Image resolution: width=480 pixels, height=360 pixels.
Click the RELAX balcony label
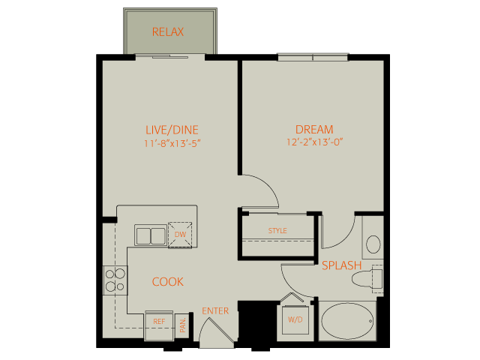(168, 31)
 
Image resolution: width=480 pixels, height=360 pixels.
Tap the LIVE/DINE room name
(172, 130)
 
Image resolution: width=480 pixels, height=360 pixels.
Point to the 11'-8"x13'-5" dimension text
(172, 143)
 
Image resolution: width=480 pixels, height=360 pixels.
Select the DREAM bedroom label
(314, 130)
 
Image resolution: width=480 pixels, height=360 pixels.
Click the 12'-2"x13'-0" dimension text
(314, 142)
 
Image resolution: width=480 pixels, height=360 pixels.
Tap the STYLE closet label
(277, 230)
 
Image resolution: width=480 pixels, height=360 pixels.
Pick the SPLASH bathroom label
(342, 265)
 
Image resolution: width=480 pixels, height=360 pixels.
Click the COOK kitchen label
(168, 282)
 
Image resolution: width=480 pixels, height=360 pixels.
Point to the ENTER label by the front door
(215, 311)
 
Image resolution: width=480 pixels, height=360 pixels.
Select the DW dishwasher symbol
(180, 235)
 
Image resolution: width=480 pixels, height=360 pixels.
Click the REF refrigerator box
(159, 325)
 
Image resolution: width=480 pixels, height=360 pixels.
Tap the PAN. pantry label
(183, 325)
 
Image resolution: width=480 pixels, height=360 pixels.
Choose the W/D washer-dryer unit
(295, 320)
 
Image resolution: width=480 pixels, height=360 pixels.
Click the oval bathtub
(347, 321)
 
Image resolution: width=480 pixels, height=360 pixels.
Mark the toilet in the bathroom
(367, 278)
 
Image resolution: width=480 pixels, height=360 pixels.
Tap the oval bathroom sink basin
(373, 244)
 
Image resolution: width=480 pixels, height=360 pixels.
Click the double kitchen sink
(151, 235)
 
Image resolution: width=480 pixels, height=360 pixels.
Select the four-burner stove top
(115, 280)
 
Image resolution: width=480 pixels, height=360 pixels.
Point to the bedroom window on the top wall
(313, 57)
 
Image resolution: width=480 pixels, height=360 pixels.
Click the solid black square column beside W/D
(257, 325)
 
